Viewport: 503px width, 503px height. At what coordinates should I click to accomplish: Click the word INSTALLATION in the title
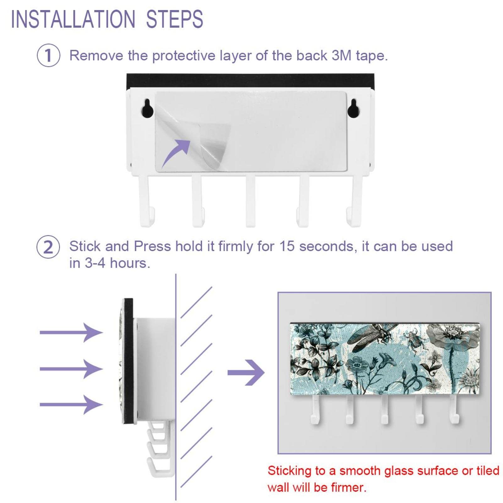73,19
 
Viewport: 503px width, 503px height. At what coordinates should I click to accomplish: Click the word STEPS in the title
175,19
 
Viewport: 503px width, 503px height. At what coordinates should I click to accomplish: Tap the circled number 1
48,55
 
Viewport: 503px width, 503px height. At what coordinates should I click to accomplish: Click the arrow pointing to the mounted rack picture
246,373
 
